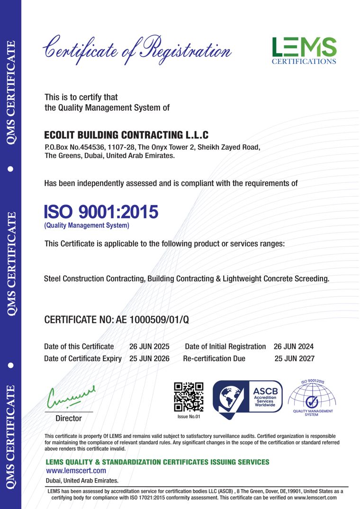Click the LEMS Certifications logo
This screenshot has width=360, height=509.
(x=304, y=50)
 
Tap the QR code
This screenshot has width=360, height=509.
(x=189, y=396)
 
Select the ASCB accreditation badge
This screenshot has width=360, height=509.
(x=247, y=400)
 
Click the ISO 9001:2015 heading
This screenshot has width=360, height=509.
(x=101, y=212)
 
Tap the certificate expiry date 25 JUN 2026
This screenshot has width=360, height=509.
(x=149, y=358)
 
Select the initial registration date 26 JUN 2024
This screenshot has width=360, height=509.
(x=294, y=347)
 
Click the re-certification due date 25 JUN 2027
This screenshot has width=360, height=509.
(x=294, y=358)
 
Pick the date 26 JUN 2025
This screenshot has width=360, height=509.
(x=149, y=347)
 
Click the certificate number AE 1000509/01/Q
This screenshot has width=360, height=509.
(x=153, y=320)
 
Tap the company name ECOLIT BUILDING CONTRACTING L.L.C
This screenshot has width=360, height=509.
(x=126, y=135)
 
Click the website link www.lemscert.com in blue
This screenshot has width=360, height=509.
(x=76, y=471)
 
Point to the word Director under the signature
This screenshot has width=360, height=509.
(x=69, y=419)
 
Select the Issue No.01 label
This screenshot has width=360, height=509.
(x=189, y=417)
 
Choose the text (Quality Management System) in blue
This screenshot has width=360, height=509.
(x=87, y=226)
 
